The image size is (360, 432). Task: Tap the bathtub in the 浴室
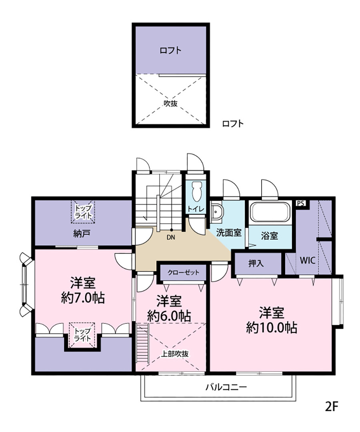(x=270, y=212)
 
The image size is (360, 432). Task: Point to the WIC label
(x=307, y=260)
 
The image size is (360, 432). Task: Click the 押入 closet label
(x=256, y=263)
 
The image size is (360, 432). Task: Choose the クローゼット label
(x=183, y=273)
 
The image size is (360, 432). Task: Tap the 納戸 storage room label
(x=82, y=234)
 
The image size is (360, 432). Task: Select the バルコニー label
(x=226, y=387)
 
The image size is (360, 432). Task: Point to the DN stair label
(x=171, y=237)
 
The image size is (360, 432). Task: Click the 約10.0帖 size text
(x=272, y=328)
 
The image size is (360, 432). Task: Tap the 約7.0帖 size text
(x=83, y=298)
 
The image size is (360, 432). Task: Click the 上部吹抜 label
(x=175, y=354)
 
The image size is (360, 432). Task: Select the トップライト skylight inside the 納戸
(x=83, y=212)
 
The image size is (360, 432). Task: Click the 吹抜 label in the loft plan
(x=171, y=104)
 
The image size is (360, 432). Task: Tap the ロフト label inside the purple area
(x=171, y=50)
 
